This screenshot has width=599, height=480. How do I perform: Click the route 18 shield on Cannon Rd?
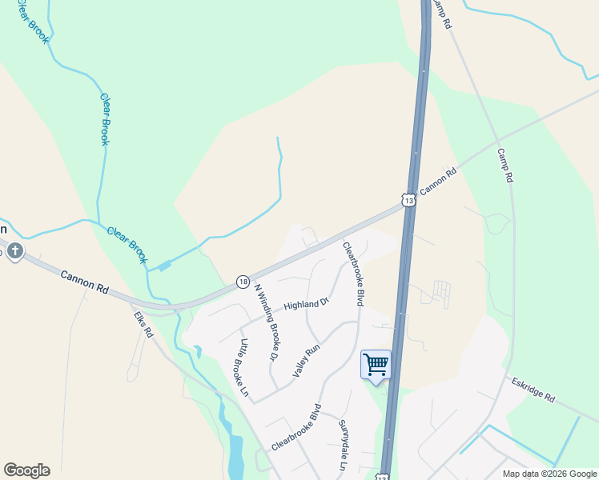pos(242,281)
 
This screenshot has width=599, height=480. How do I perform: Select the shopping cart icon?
pos(376,365)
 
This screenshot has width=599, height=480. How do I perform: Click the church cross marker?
pos(14,252)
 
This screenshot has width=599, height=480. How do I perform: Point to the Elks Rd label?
pos(143,325)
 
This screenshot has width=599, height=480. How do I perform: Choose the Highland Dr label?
pos(307,305)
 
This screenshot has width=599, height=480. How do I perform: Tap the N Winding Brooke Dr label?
pos(269,319)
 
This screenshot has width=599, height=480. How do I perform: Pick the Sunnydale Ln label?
pos(343,445)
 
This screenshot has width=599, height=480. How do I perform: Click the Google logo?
pos(26,470)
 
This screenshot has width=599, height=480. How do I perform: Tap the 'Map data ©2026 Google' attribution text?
pos(549,474)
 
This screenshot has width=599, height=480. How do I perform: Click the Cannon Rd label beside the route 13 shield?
pos(438,181)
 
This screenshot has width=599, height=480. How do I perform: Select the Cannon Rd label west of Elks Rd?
pos(85,282)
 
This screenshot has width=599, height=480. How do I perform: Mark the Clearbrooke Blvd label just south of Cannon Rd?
pos(354,274)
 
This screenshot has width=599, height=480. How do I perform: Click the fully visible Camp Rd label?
pos(505,166)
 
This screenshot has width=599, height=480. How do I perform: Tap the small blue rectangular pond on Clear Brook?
pos(164,266)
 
